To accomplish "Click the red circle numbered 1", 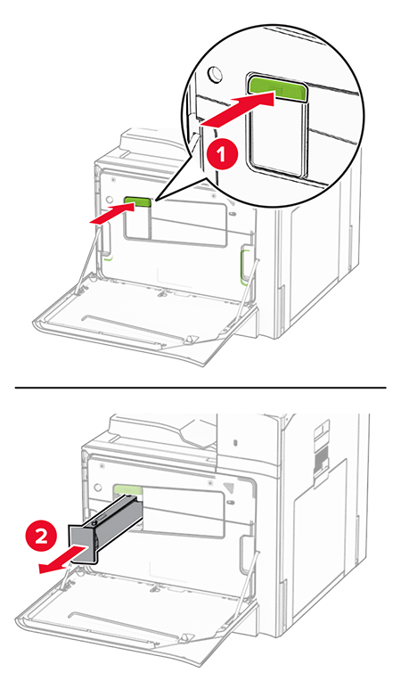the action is (x=221, y=155).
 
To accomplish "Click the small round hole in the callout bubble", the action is (x=215, y=74).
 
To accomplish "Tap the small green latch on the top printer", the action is (x=138, y=204).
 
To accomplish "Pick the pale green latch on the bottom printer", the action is (x=127, y=490).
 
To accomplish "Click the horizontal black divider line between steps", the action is (x=200, y=388).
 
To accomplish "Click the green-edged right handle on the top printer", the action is (x=244, y=266).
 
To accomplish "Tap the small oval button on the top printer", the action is (x=232, y=214).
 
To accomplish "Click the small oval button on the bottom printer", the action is (x=231, y=502).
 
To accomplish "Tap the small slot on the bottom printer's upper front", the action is (x=235, y=443).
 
